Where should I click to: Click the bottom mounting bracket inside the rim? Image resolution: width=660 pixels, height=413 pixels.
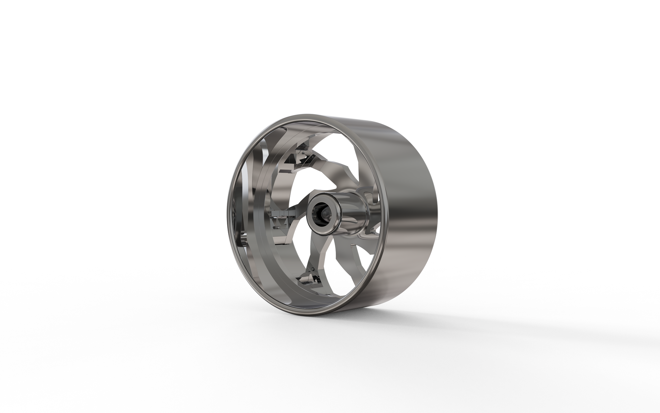(309, 279)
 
